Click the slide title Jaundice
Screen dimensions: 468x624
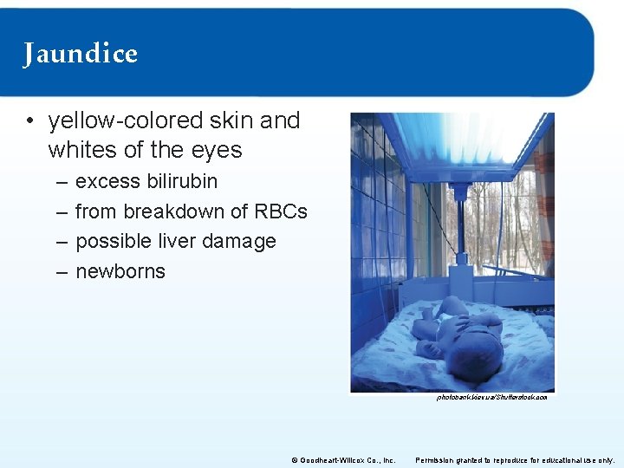(81, 54)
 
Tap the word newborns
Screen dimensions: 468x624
(120, 271)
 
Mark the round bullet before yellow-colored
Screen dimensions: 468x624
(30, 121)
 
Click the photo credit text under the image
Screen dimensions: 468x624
(491, 398)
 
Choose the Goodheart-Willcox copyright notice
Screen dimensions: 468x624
(343, 460)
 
